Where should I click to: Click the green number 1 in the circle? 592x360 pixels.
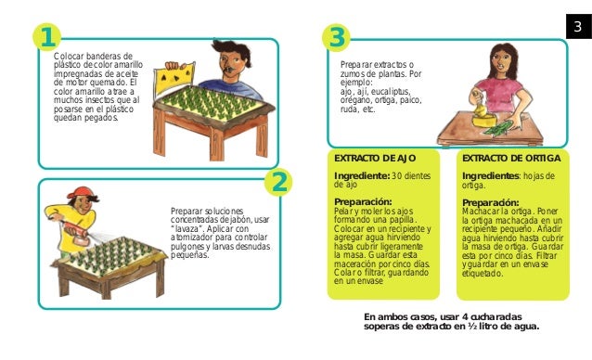47,37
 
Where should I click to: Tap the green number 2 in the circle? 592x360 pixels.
279,183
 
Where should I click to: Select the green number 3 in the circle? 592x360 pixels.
337,37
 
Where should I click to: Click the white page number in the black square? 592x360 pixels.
578,26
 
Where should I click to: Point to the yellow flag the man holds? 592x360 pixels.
175,79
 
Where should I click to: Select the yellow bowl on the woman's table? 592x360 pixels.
483,121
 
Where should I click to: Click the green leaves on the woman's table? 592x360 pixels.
497,128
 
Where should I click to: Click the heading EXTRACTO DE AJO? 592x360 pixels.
375,158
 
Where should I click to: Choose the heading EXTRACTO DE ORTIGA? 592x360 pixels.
511,158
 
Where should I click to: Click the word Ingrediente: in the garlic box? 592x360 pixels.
362,176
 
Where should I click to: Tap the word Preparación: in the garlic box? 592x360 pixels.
363,202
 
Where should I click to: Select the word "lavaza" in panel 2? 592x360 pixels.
185,228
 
